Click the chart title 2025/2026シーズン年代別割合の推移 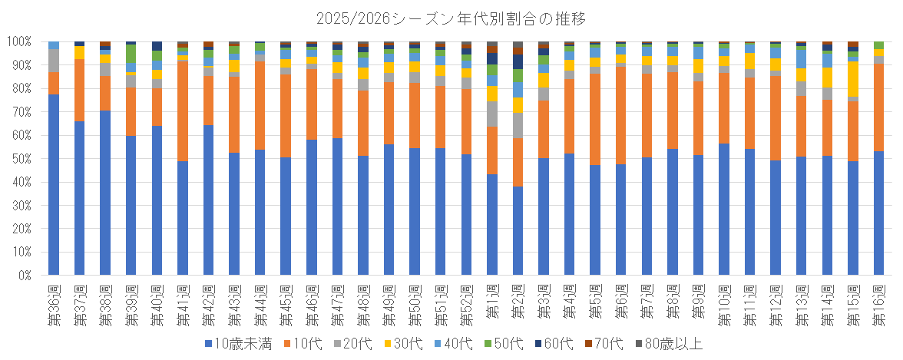pos(451,17)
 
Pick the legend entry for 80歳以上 pos(663,344)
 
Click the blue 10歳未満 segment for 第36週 pos(54,184)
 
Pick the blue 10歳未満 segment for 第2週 pos(518,230)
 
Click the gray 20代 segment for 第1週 pos(492,114)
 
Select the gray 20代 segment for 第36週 pos(54,60)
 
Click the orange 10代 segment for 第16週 pos(879,107)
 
